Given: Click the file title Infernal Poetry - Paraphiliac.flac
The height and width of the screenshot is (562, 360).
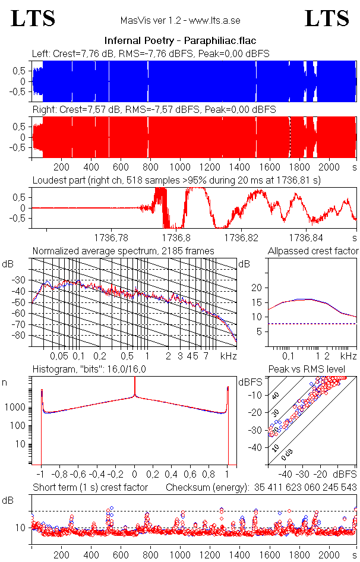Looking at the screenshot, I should (179, 41).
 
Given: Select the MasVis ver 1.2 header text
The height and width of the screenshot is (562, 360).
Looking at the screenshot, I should (179, 21).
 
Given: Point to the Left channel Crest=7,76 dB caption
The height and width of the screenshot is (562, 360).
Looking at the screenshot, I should (151, 53).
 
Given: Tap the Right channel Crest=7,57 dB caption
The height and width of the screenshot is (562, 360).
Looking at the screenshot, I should (154, 110).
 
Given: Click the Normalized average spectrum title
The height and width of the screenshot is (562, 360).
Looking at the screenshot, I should (123, 251).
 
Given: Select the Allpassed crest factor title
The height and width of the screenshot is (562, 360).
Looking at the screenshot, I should (313, 251).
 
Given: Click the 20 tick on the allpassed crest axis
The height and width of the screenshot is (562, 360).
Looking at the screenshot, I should (257, 288).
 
